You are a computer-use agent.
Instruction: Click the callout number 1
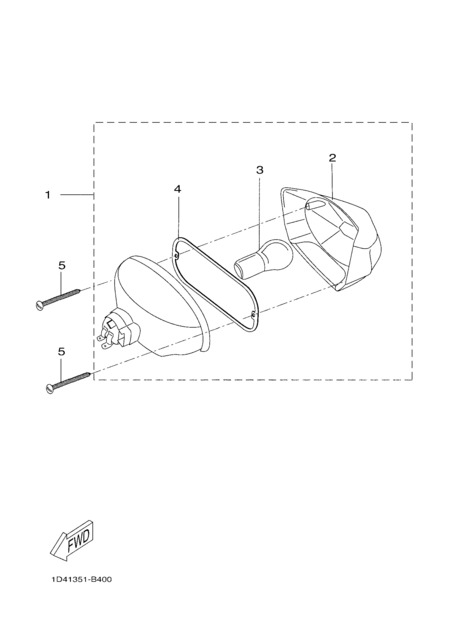47,196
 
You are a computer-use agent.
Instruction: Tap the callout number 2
332,158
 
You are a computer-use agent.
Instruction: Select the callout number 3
260,170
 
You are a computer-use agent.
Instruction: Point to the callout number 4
178,189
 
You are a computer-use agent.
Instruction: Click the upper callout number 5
62,266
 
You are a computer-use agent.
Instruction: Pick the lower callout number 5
62,352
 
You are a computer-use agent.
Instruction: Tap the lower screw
68,382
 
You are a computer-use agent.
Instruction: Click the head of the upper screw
39,306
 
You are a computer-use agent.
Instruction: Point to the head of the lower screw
50,389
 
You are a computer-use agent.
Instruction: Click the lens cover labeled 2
331,238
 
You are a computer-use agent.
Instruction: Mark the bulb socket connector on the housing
119,330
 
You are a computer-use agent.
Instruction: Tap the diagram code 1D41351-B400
82,579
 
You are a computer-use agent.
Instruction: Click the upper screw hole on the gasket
177,256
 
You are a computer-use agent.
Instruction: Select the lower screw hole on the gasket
252,314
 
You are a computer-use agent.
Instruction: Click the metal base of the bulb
243,268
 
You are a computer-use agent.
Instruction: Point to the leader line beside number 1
77,195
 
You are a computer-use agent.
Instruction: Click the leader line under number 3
260,210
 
